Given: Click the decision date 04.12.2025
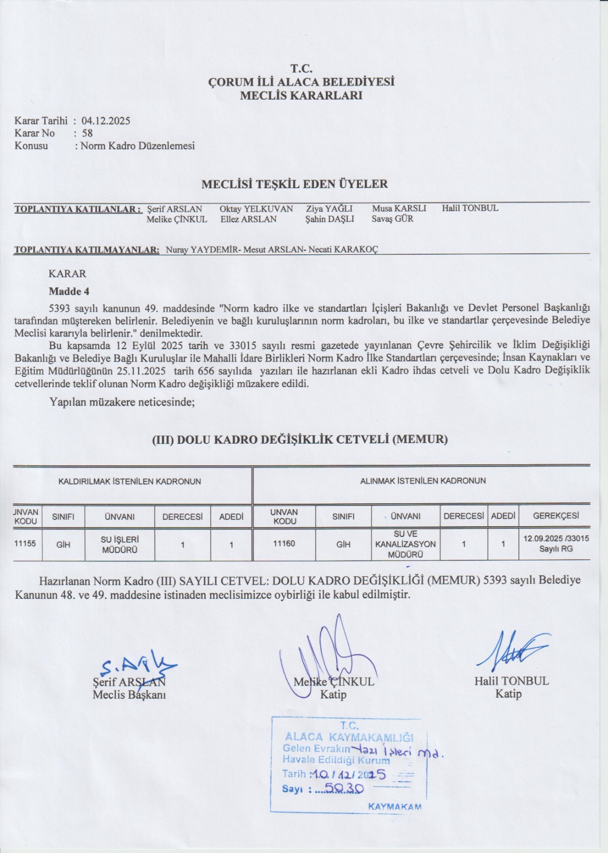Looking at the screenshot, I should [x=106, y=121].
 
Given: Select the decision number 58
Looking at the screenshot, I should [x=87, y=133].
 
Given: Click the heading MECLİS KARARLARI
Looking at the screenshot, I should [x=301, y=96].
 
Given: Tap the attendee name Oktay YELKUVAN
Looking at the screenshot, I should [x=256, y=208].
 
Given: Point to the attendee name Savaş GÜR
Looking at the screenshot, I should [x=393, y=219].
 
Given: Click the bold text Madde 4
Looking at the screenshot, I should [x=69, y=292].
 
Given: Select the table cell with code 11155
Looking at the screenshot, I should [x=25, y=544].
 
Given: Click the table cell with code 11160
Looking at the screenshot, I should [x=284, y=544].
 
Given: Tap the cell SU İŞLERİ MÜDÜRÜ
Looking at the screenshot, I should [x=119, y=544].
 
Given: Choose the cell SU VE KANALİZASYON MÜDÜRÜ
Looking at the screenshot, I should [x=405, y=544].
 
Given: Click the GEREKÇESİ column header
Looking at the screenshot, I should [x=556, y=516].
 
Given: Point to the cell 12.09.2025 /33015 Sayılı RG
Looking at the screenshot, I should [x=556, y=543].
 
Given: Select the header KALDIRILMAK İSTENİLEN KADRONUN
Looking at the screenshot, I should [x=130, y=481].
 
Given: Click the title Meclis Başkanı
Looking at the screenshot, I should [x=129, y=695].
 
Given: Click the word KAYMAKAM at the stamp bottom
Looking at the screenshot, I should [x=395, y=807].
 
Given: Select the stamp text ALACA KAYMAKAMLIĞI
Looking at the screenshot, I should [x=349, y=737].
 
